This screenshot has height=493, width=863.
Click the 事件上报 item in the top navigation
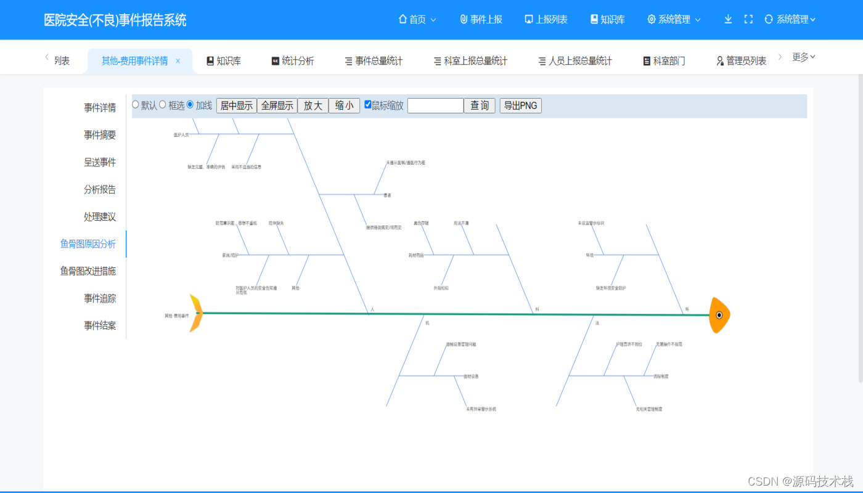[x=481, y=20]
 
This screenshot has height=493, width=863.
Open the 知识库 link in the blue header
[x=608, y=20]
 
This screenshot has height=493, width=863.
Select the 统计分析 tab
[x=293, y=61]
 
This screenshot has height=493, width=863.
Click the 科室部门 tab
[x=664, y=61]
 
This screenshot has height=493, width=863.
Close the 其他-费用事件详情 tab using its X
[x=178, y=61]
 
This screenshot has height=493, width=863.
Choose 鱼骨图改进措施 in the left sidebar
[x=88, y=271]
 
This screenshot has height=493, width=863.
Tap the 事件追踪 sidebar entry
[x=100, y=298]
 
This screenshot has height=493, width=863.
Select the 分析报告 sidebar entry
[x=100, y=189]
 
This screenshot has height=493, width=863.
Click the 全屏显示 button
[x=277, y=105]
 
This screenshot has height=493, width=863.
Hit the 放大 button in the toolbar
[x=313, y=105]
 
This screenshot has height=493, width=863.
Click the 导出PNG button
[x=520, y=105]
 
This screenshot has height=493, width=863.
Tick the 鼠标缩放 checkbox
[x=368, y=105]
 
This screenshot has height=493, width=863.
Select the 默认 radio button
[x=136, y=105]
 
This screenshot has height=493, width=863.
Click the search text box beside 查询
[x=435, y=105]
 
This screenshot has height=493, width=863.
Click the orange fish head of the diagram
[x=719, y=315]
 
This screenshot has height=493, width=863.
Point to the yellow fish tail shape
[x=196, y=314]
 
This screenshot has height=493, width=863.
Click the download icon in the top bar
[x=728, y=19]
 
